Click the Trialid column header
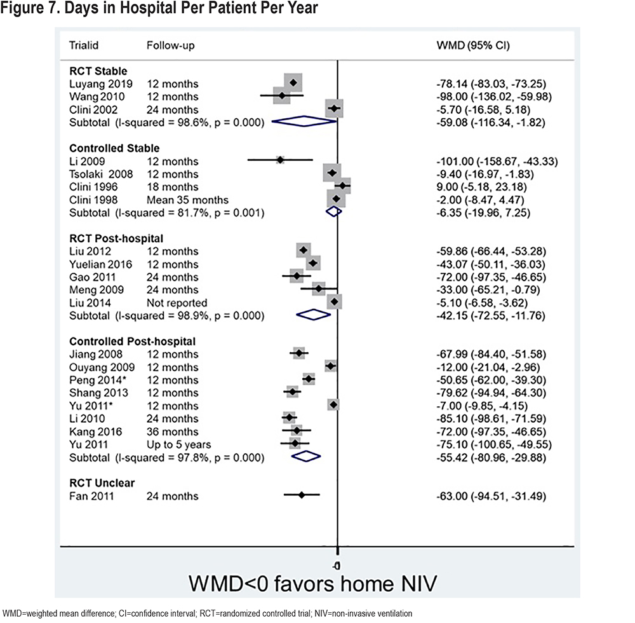[x=84, y=45]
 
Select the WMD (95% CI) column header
[x=473, y=45]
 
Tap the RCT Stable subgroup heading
[x=98, y=71]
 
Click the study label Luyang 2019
[x=101, y=84]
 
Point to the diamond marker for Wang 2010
[x=282, y=95]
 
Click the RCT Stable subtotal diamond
[x=304, y=121]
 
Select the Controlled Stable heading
[x=114, y=148]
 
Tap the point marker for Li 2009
[x=280, y=160]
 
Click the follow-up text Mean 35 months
[x=187, y=200]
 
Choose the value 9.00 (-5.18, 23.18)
[x=481, y=187]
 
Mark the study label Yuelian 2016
[x=100, y=264]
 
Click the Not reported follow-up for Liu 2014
[x=177, y=303]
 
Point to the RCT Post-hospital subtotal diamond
[x=314, y=315]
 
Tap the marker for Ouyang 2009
[x=330, y=366]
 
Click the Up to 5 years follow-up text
[x=178, y=444]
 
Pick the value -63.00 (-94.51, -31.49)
[x=491, y=496]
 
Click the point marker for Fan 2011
[x=301, y=495]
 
